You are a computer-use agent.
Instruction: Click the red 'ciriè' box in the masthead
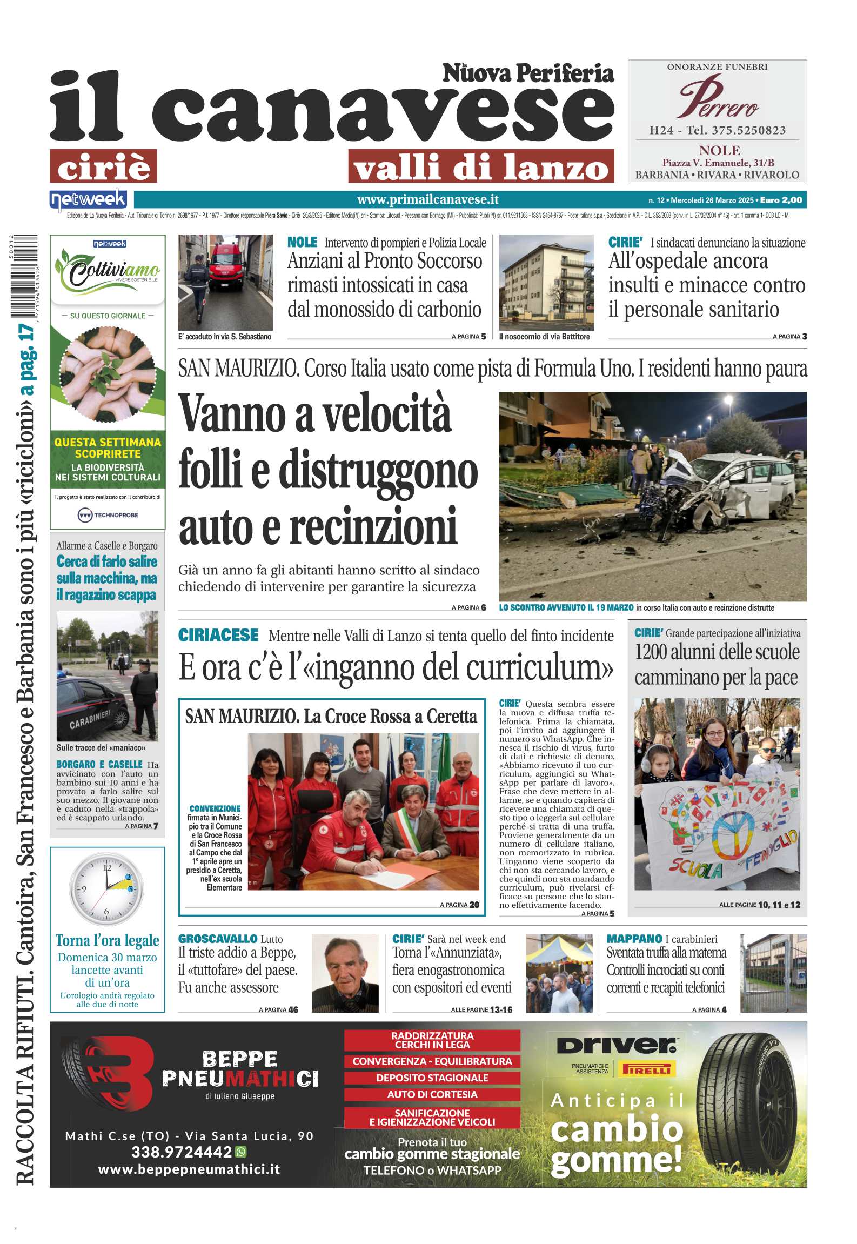[103, 166]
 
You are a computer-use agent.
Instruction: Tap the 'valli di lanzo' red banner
[481, 166]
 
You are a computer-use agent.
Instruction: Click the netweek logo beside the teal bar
[88, 200]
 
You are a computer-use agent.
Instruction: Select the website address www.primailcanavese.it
[427, 200]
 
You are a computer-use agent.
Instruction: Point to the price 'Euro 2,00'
[781, 200]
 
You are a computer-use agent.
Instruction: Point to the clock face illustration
[107, 888]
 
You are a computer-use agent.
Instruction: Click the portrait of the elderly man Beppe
[345, 973]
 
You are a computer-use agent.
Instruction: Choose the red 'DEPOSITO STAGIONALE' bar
[432, 1077]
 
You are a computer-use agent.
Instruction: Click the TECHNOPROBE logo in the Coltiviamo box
[108, 515]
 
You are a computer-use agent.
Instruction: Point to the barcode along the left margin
[23, 276]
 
